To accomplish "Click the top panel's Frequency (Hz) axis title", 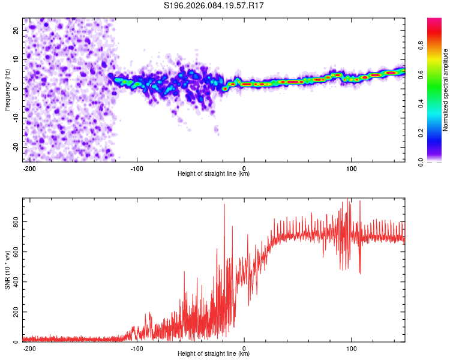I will click(7, 90).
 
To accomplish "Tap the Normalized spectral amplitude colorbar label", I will click(446, 90).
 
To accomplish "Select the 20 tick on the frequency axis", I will click(16, 29).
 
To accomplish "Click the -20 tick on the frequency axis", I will click(14, 147).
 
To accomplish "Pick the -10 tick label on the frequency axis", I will click(14, 118).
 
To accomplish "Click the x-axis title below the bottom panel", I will click(214, 354).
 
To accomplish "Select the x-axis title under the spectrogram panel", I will click(214, 174).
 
